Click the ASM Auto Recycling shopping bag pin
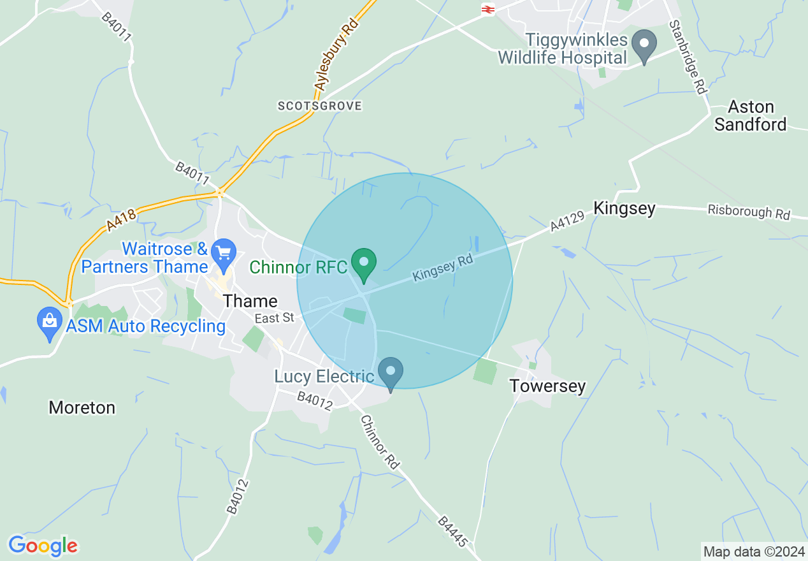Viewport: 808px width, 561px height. (x=50, y=323)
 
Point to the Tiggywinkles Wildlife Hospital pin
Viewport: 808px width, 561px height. (x=644, y=46)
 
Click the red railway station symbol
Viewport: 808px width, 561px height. (x=489, y=9)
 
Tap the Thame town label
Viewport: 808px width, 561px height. (x=251, y=301)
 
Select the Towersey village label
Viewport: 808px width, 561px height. (x=547, y=386)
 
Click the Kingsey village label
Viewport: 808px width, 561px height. (x=624, y=208)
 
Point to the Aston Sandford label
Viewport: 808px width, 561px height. (x=750, y=115)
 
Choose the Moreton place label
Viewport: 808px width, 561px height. (x=82, y=407)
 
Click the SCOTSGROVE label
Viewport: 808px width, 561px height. (x=320, y=106)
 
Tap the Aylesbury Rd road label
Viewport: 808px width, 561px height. (x=336, y=55)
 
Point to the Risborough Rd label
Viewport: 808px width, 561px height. (x=749, y=212)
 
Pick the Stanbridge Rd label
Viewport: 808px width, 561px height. (x=688, y=57)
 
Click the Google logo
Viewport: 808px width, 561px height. (x=43, y=546)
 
